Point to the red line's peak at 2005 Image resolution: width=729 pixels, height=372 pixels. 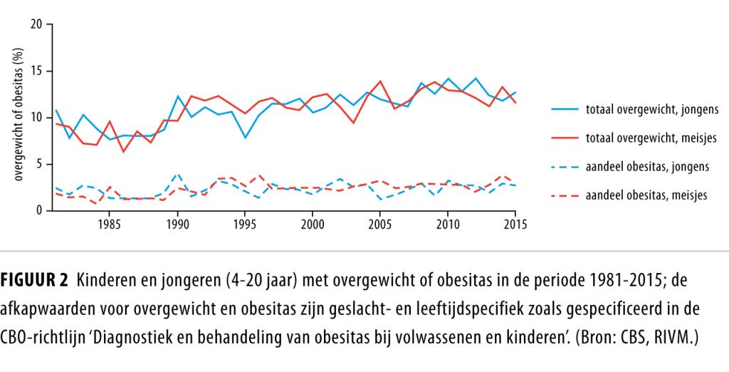pyautogui.click(x=380, y=81)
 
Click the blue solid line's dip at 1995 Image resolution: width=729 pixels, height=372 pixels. pyautogui.click(x=245, y=138)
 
